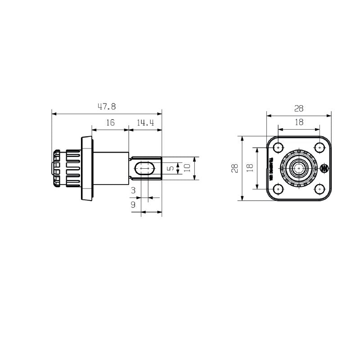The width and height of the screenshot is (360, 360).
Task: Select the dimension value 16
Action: [110, 122]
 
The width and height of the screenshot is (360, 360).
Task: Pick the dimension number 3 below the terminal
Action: [133, 191]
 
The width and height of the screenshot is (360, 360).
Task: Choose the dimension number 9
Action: [133, 205]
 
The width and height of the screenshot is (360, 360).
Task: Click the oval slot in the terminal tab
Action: [144, 168]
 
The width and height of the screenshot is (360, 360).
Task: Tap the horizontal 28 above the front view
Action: [299, 108]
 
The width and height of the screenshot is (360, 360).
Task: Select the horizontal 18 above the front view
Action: [299, 121]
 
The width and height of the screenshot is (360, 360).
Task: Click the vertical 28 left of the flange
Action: [234, 168]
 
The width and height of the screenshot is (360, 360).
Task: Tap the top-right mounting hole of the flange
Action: [319, 147]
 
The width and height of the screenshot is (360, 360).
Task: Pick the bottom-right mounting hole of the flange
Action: [319, 189]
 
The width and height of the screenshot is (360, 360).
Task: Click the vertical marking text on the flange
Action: [271, 168]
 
